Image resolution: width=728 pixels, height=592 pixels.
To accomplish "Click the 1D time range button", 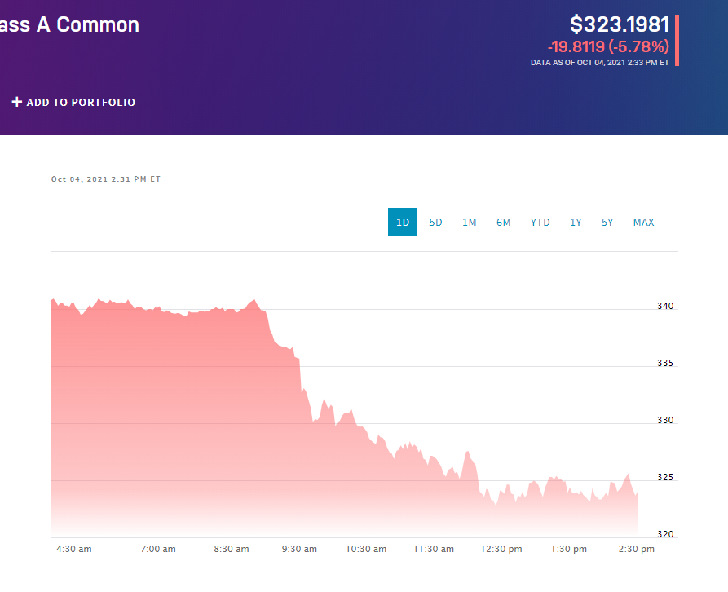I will [x=403, y=223].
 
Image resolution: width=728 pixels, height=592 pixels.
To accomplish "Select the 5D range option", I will [x=435, y=223].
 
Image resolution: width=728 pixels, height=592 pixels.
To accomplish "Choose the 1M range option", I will [x=470, y=223].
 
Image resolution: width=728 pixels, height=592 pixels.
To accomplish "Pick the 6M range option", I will [x=504, y=223].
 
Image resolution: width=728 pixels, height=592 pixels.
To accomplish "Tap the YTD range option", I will [x=540, y=223].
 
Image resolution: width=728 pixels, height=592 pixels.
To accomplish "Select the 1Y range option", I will [x=576, y=223].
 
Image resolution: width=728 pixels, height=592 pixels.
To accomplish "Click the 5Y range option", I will [x=607, y=223].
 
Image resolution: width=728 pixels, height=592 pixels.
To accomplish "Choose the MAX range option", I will [x=643, y=223].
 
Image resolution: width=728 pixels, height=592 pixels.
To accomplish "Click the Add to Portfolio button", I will [x=73, y=103].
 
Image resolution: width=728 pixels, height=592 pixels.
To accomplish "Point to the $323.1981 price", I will [x=620, y=24].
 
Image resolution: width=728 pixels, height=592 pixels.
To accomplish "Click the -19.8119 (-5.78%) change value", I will [x=608, y=46].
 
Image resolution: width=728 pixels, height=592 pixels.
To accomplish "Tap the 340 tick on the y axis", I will [x=665, y=307].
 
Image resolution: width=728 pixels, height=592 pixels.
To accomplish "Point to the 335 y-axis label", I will [x=665, y=364].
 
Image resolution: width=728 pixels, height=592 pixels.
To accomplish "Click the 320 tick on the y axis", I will [x=665, y=535].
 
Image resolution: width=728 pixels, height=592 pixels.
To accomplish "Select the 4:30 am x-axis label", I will [x=74, y=549].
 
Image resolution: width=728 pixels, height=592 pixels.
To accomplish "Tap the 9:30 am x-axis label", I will [x=299, y=549].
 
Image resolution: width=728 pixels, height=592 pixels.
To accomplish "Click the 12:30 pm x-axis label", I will [x=501, y=549].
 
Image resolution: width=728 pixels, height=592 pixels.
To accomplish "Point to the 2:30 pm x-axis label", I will [x=637, y=549].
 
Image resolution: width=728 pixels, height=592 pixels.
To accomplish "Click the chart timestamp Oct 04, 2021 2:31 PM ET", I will [x=106, y=179].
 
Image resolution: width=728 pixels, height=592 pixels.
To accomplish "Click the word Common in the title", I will [x=98, y=24].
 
